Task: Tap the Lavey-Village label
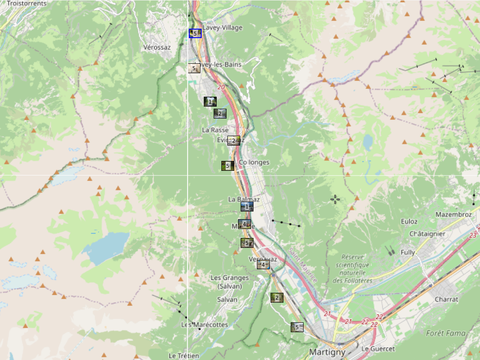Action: click(x=222, y=28)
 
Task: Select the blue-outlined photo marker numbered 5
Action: click(x=195, y=33)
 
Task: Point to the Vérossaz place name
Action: click(x=157, y=47)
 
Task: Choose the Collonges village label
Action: click(x=254, y=162)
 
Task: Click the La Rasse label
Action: click(x=215, y=130)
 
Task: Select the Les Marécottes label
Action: click(x=205, y=324)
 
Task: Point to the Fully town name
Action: click(x=408, y=253)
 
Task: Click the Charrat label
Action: click(x=446, y=299)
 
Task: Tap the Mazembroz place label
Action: click(x=453, y=214)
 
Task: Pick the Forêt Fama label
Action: click(x=445, y=333)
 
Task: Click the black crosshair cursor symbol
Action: click(x=335, y=199)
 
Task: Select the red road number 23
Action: click(x=473, y=235)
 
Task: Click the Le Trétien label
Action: click(x=184, y=356)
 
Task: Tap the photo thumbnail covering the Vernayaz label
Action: click(x=263, y=265)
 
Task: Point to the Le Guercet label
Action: click(x=378, y=349)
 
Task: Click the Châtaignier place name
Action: click(x=427, y=234)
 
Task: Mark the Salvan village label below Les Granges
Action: click(x=227, y=300)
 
